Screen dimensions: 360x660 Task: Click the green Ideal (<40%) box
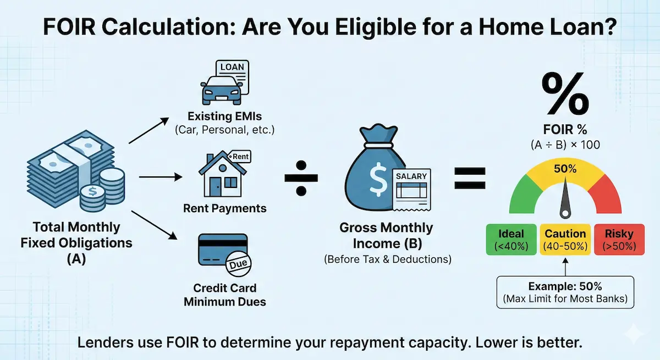coord(510,239)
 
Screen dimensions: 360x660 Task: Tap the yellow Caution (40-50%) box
coord(565,239)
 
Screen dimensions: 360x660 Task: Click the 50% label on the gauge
coord(565,169)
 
